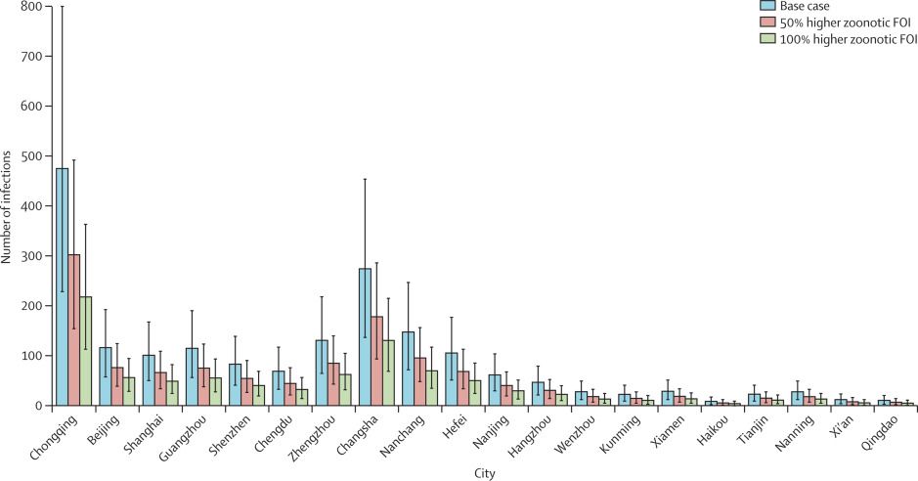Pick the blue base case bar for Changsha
click(x=365, y=336)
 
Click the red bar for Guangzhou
click(x=204, y=386)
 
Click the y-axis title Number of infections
click(x=7, y=205)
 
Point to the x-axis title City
click(x=483, y=473)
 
